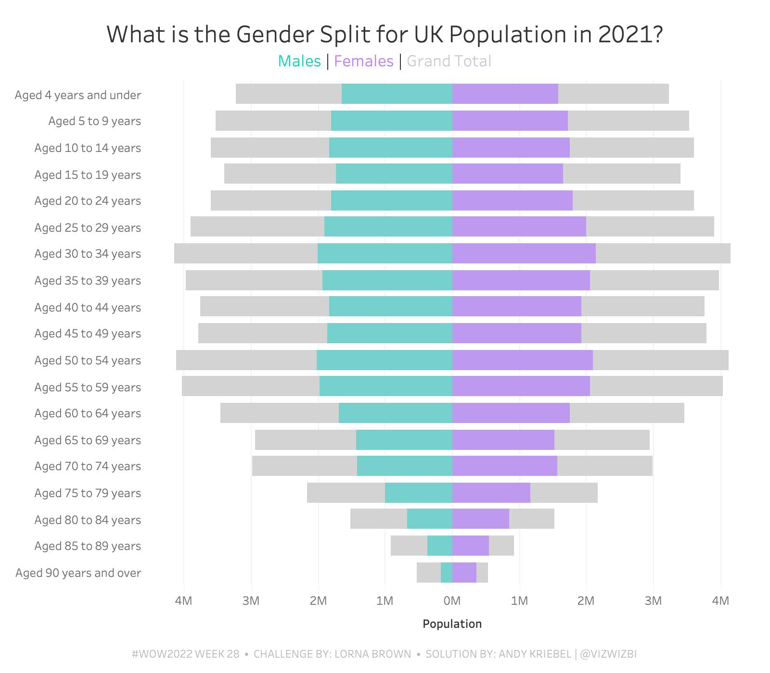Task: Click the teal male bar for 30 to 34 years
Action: coord(385,253)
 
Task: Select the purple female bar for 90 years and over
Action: coord(464,573)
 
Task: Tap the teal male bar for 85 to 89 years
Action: coord(439,546)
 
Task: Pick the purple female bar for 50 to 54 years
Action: coord(522,360)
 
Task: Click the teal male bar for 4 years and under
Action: coord(397,94)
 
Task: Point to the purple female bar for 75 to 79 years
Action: coord(491,493)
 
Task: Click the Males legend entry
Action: coord(299,61)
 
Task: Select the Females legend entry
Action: coord(363,61)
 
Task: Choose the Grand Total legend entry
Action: coord(449,61)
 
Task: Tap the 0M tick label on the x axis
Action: coord(452,600)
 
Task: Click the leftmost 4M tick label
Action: coord(183,600)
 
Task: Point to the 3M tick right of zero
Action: coord(653,600)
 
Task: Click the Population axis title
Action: coord(452,623)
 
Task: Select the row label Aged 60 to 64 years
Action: coord(88,413)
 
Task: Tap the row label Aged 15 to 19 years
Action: coord(88,174)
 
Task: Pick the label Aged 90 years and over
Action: coord(78,573)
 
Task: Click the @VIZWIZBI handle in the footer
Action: coord(608,654)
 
